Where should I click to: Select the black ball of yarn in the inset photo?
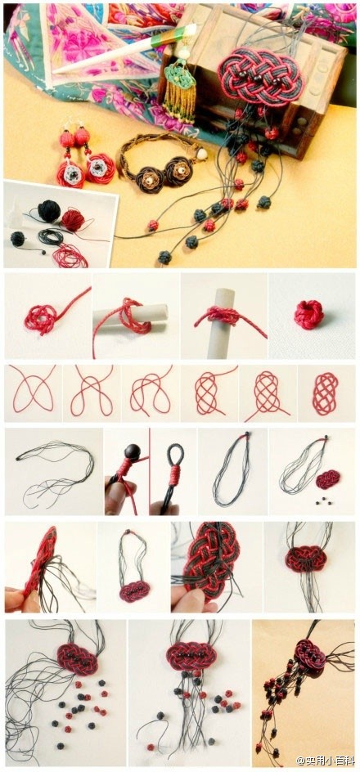tap(49, 211)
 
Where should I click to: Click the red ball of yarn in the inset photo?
tap(73, 220)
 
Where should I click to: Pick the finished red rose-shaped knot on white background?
tap(309, 315)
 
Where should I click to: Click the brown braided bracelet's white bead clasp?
tap(201, 154)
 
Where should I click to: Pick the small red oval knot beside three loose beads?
tap(328, 479)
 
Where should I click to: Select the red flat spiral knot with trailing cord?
tap(42, 317)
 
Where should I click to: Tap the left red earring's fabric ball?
tap(67, 139)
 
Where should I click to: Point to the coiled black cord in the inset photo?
tap(51, 237)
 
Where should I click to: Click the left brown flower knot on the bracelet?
tap(150, 179)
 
